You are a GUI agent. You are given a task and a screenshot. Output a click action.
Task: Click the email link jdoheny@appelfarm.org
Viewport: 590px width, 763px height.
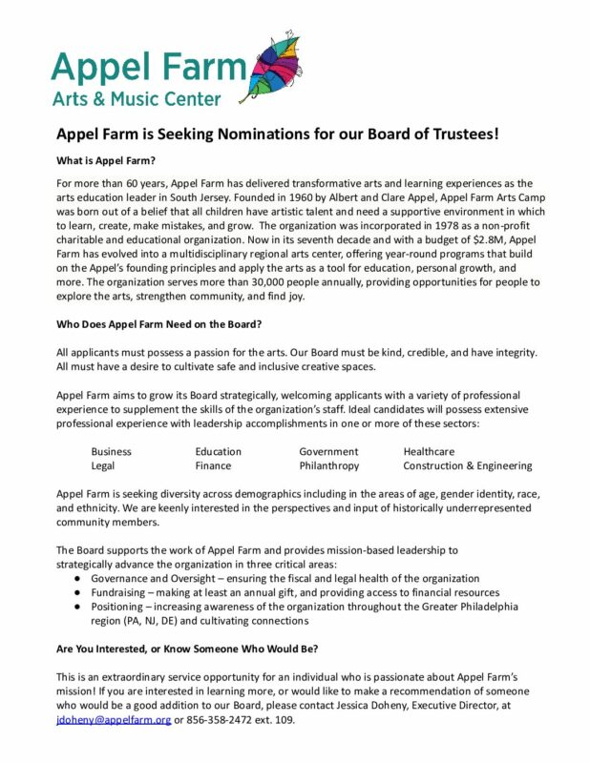114,719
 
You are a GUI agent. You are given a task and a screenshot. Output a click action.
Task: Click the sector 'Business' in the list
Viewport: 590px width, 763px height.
111,451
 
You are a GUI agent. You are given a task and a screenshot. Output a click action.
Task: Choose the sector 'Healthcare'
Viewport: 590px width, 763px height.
429,451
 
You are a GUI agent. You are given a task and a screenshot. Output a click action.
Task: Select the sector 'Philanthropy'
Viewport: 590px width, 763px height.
328,466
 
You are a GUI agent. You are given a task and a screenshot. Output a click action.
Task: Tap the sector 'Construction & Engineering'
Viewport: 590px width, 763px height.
467,466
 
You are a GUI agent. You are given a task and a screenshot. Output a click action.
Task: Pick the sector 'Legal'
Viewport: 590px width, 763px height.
103,466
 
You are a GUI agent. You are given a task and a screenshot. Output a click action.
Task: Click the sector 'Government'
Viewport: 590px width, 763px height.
328,451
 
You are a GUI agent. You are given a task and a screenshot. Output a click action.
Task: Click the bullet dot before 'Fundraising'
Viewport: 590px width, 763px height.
76,593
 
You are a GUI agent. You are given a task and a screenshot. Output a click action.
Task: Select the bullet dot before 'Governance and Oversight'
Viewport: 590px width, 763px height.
76,578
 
